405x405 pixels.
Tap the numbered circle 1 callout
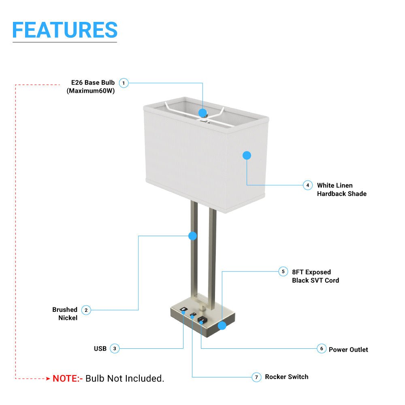point(124,83)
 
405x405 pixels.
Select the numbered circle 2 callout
point(86,310)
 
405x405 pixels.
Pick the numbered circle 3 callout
point(115,348)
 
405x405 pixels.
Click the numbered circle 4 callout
point(308,185)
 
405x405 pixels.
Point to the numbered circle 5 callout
point(283,271)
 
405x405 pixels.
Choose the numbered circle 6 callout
point(321,349)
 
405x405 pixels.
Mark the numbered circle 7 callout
point(256,377)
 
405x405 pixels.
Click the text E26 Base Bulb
point(93,83)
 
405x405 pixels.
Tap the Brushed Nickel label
point(65,314)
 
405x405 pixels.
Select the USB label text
point(100,349)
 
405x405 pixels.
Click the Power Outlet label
point(348,350)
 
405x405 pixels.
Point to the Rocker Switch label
point(287,377)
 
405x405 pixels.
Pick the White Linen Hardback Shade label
point(341,190)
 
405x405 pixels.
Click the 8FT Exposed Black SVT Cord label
point(315,276)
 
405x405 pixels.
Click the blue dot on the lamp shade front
point(247,155)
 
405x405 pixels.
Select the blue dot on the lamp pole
point(193,236)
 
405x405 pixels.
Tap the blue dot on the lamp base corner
point(222,326)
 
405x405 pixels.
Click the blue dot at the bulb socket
point(203,113)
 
